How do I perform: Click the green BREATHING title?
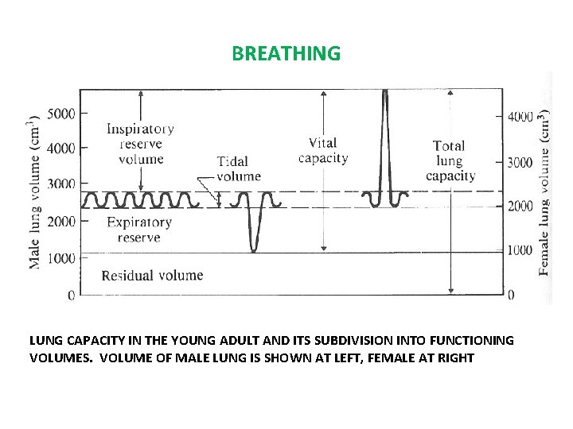click(x=286, y=54)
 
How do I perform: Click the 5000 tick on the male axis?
click(x=61, y=113)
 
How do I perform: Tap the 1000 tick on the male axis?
click(x=61, y=258)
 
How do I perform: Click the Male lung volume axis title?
click(x=34, y=192)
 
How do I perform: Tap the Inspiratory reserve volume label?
click(x=141, y=143)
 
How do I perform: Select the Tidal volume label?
click(x=238, y=169)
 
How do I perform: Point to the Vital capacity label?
click(x=323, y=150)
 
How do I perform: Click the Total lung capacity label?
click(x=450, y=160)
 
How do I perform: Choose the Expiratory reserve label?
click(x=139, y=230)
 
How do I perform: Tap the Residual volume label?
click(x=152, y=276)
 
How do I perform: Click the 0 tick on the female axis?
click(x=511, y=295)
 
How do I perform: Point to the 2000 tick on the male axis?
click(x=61, y=221)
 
